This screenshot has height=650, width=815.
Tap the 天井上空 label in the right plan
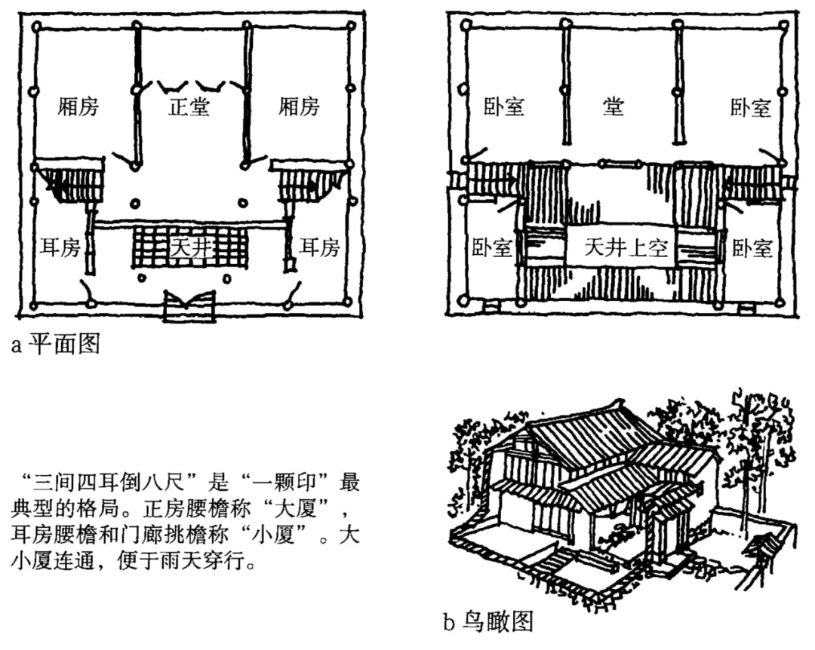click(x=626, y=248)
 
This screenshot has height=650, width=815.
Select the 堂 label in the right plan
click(x=614, y=106)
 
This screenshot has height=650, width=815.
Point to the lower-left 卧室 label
click(x=492, y=248)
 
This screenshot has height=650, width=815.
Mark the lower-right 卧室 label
click(x=752, y=248)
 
